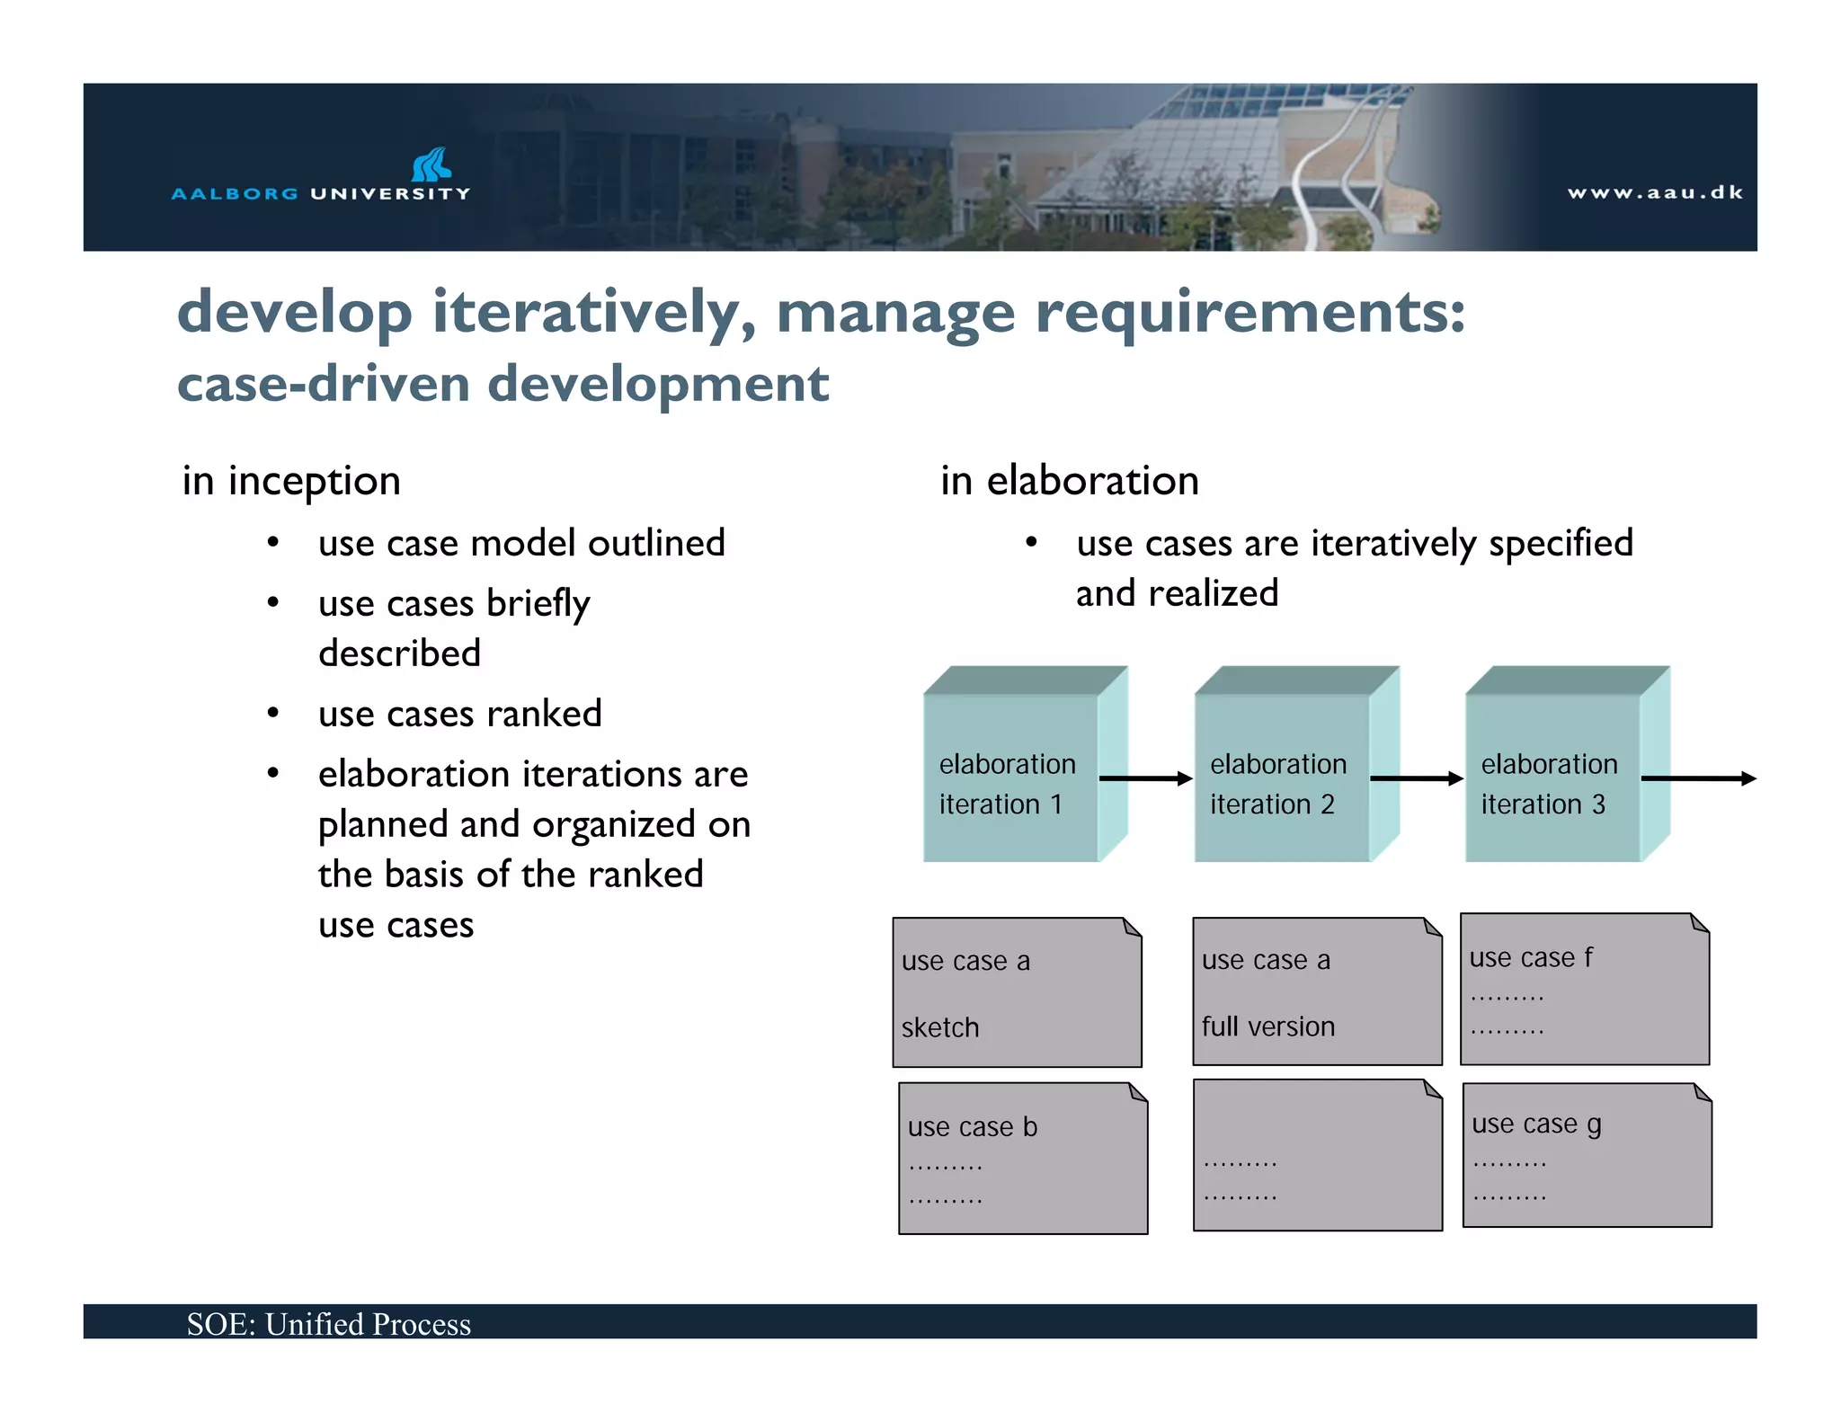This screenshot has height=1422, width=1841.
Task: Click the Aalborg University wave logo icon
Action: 431,164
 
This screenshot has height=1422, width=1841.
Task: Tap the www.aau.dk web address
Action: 1655,192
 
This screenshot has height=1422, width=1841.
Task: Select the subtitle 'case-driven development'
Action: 502,384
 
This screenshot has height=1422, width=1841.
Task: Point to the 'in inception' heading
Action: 291,481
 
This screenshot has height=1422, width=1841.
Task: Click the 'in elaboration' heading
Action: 1070,481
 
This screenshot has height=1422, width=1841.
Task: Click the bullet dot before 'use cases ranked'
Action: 273,714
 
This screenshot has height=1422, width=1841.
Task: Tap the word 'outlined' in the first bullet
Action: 656,544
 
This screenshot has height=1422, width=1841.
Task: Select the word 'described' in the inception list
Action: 399,653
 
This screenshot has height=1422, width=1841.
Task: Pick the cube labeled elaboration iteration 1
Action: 1011,778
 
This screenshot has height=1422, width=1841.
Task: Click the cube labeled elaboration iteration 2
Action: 1283,778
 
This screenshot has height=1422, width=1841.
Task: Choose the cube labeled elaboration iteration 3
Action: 1553,778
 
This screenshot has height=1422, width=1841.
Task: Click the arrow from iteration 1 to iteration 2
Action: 1146,778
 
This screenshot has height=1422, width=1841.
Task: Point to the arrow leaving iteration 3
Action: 1699,778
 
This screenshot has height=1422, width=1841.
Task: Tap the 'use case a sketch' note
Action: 1017,993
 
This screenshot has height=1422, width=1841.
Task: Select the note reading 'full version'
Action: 1317,992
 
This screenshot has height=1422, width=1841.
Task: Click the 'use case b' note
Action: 1023,1159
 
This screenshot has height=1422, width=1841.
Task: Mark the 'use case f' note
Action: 1585,990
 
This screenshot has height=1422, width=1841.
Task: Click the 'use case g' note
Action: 1587,1155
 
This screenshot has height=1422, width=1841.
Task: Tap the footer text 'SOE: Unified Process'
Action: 329,1324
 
